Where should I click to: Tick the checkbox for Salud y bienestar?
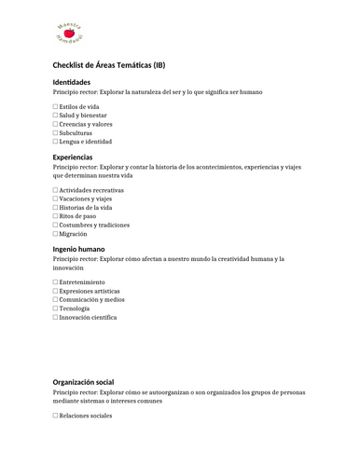coord(56,116)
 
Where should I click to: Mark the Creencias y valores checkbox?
coord(56,125)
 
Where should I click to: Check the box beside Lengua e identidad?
coord(56,142)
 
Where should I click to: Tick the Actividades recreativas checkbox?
coord(56,191)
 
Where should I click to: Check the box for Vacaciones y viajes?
coord(56,199)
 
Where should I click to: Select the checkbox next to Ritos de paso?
coord(56,216)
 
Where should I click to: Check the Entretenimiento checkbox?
coord(56,282)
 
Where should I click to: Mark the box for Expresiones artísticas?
coord(56,291)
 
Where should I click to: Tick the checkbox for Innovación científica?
coord(56,317)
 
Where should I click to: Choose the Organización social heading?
coord(84,382)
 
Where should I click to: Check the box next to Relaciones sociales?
coord(56,415)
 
